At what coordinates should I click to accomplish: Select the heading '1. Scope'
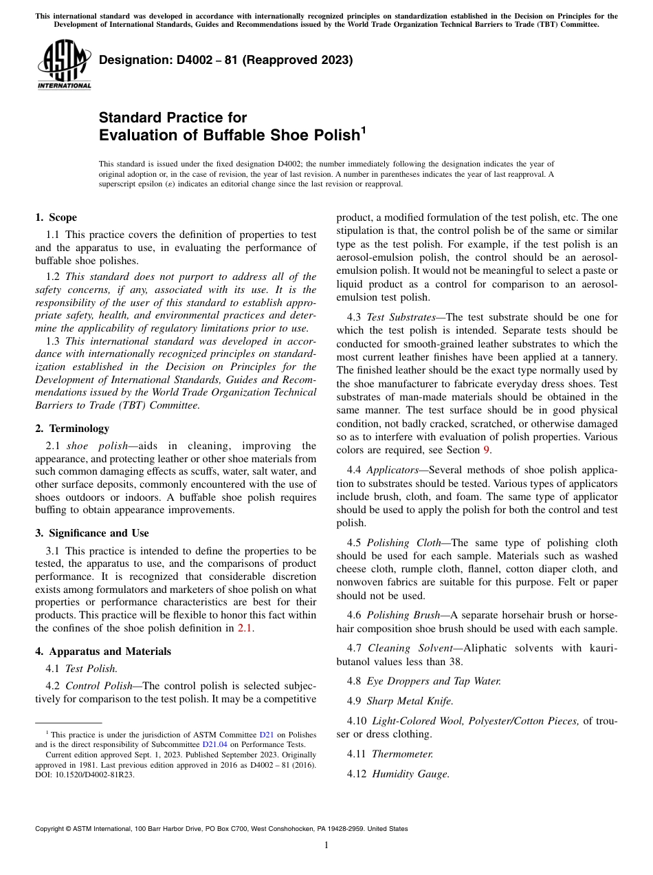pos(56,217)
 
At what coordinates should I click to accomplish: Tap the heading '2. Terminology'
pos(72,428)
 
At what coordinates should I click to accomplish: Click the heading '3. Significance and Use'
pos(92,533)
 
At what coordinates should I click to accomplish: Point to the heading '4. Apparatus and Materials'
pos(103,651)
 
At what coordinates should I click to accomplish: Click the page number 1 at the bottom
pos(326,845)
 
